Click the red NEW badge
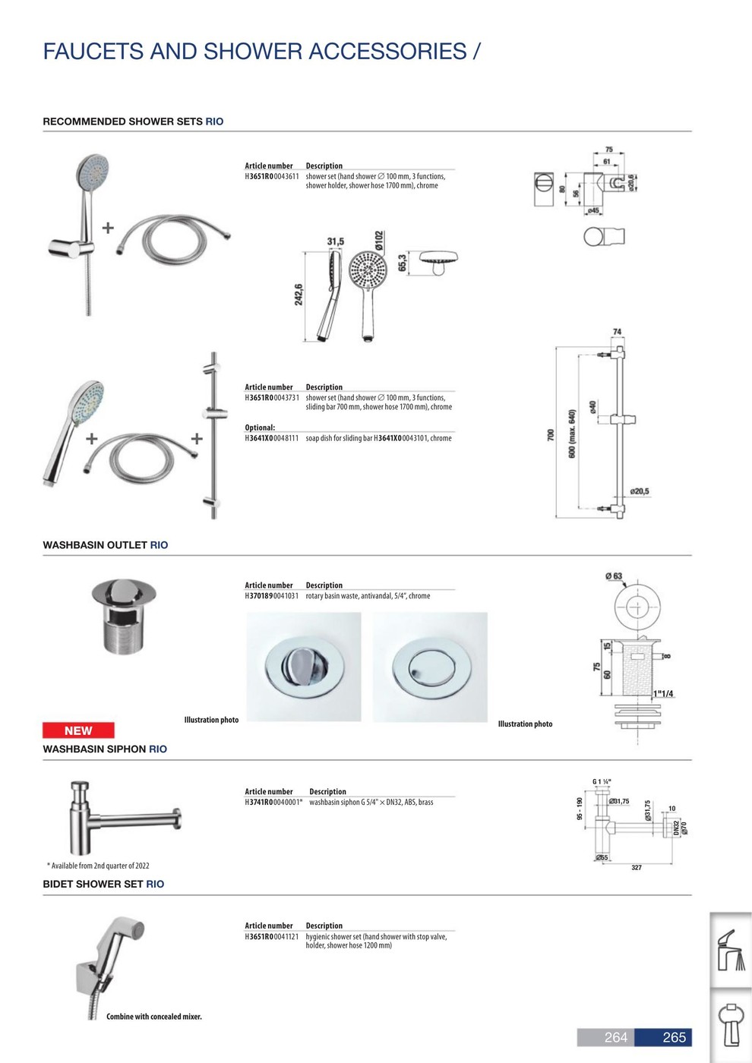[78, 730]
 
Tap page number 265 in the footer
[674, 1037]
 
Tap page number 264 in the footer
[615, 1037]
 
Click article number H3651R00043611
[270, 176]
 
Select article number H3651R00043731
[270, 398]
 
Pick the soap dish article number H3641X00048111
[270, 438]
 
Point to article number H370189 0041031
[270, 596]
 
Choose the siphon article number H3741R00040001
[273, 803]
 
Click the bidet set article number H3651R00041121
[270, 937]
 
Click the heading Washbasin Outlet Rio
[106, 545]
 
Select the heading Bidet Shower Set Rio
[103, 884]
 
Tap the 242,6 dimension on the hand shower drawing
[299, 295]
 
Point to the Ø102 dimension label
[379, 241]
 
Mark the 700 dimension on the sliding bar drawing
[551, 435]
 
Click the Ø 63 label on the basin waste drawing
[614, 576]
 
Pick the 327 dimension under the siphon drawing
[637, 867]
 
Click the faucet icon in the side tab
[731, 950]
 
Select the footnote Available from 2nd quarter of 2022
[98, 866]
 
